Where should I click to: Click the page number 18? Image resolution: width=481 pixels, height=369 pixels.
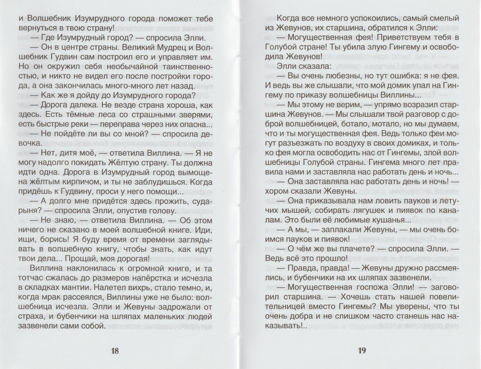coord(115,350)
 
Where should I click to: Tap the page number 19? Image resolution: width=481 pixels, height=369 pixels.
coord(362,350)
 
